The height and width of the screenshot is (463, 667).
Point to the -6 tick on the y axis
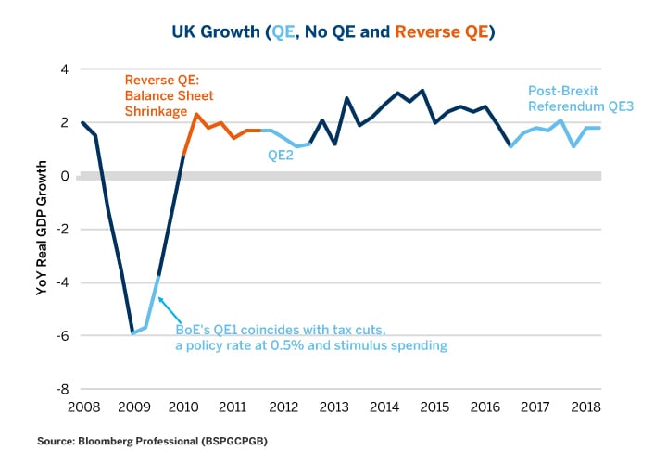64,336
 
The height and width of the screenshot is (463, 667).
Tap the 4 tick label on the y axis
66,69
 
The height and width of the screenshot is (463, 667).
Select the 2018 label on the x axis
585,406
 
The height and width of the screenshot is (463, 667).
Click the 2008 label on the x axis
82,406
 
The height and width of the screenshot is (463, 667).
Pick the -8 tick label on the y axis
64,389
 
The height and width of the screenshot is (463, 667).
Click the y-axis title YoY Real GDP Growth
43,228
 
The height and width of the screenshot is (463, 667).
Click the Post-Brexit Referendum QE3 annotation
569,99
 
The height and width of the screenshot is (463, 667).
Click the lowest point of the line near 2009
132,333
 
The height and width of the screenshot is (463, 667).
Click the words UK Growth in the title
216,32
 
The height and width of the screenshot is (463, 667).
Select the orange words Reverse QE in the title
439,32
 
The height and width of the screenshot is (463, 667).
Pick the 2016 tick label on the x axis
485,406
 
